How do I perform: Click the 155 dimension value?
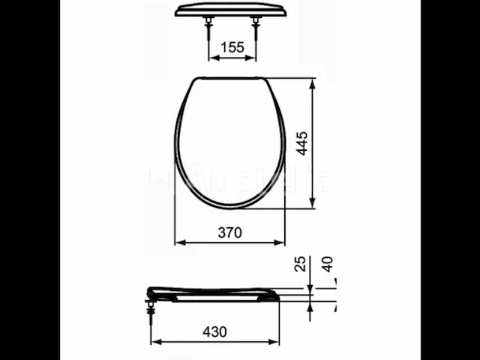pyautogui.click(x=232, y=46)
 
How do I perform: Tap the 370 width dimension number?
pyautogui.click(x=229, y=232)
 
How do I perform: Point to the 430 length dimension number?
pyautogui.click(x=214, y=331)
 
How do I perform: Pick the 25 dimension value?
pyautogui.click(x=301, y=265)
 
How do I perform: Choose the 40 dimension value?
pyautogui.click(x=327, y=264)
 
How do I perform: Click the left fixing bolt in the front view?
pyautogui.click(x=208, y=30)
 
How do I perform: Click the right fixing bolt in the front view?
pyautogui.click(x=257, y=30)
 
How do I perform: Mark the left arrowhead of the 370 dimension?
pyautogui.click(x=178, y=242)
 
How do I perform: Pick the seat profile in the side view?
pyautogui.click(x=214, y=292)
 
